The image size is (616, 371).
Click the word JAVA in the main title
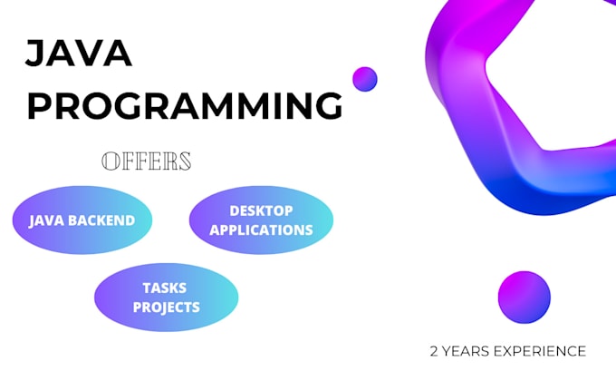pyautogui.click(x=79, y=54)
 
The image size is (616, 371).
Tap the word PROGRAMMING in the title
pyautogui.click(x=185, y=106)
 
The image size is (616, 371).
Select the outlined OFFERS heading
pyautogui.click(x=147, y=161)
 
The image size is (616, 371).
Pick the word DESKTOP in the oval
pyautogui.click(x=261, y=210)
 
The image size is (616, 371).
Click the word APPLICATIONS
pyautogui.click(x=261, y=229)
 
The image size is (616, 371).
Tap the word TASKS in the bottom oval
pyautogui.click(x=165, y=288)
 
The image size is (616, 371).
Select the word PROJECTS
pyautogui.click(x=166, y=307)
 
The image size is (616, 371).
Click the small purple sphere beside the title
pyautogui.click(x=364, y=79)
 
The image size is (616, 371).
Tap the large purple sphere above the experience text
pyautogui.click(x=524, y=296)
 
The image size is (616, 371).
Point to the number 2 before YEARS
pyautogui.click(x=435, y=351)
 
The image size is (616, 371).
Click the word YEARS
pyautogui.click(x=467, y=351)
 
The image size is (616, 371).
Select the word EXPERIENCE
pyautogui.click(x=541, y=351)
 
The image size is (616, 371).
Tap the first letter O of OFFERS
pyautogui.click(x=110, y=161)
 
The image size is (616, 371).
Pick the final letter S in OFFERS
pyautogui.click(x=185, y=161)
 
